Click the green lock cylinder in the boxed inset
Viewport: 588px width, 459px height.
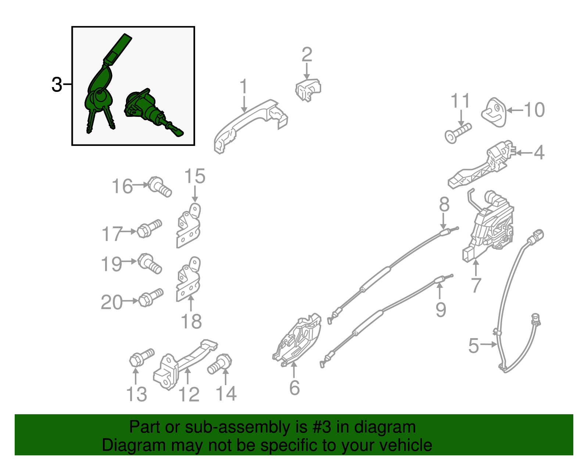pyautogui.click(x=151, y=111)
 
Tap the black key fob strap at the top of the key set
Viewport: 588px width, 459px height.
pyautogui.click(x=118, y=50)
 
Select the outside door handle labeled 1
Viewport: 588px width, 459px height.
pyautogui.click(x=250, y=126)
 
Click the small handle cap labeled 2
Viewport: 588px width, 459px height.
pyautogui.click(x=308, y=90)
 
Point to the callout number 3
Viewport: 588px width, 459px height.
pyautogui.click(x=57, y=85)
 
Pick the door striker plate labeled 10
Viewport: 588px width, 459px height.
pyautogui.click(x=494, y=112)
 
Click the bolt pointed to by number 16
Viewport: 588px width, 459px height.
pyautogui.click(x=159, y=187)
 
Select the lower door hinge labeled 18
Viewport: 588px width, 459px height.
pyautogui.click(x=189, y=279)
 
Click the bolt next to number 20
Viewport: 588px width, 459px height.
pyautogui.click(x=151, y=298)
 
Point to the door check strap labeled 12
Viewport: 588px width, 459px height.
pyautogui.click(x=185, y=364)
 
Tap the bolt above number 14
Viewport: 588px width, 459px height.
pyautogui.click(x=220, y=364)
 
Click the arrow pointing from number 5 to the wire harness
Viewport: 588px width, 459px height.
pyautogui.click(x=489, y=345)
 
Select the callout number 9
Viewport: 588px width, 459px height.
pyautogui.click(x=441, y=310)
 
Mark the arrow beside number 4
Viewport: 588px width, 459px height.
pyautogui.click(x=524, y=153)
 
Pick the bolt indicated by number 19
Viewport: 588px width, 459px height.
pyautogui.click(x=150, y=263)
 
